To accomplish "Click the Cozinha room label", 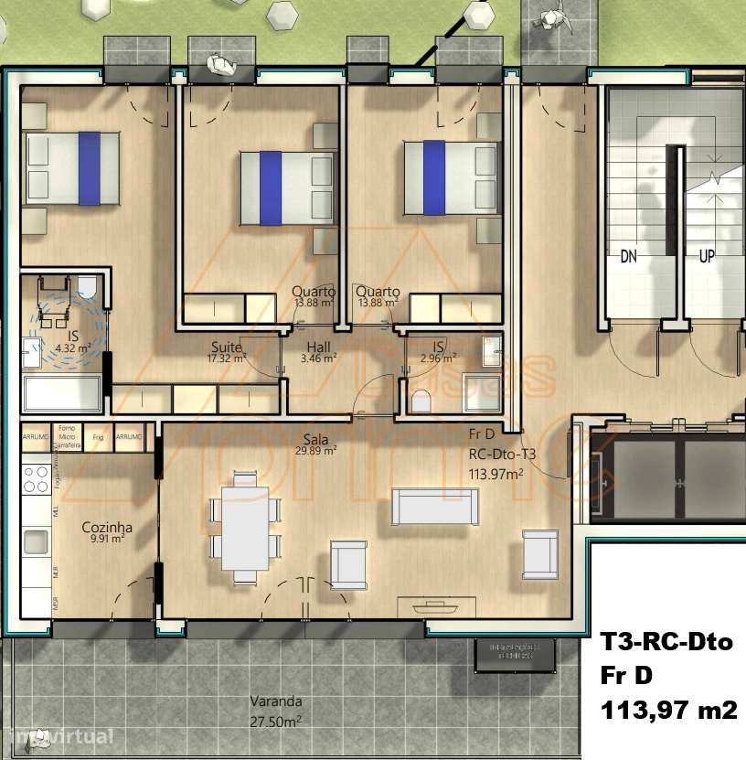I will tap(107, 528).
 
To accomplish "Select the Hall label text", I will tap(318, 348).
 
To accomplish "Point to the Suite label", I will tap(227, 348).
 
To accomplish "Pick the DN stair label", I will tap(628, 257).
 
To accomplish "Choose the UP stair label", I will tap(707, 257).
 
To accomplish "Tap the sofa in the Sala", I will tap(434, 507).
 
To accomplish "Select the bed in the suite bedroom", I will tap(72, 166).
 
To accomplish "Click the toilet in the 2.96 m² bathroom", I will tap(422, 400).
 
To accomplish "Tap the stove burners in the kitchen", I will tap(36, 479).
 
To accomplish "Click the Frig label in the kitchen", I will tap(99, 437).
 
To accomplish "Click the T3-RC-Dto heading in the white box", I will tap(666, 642).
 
